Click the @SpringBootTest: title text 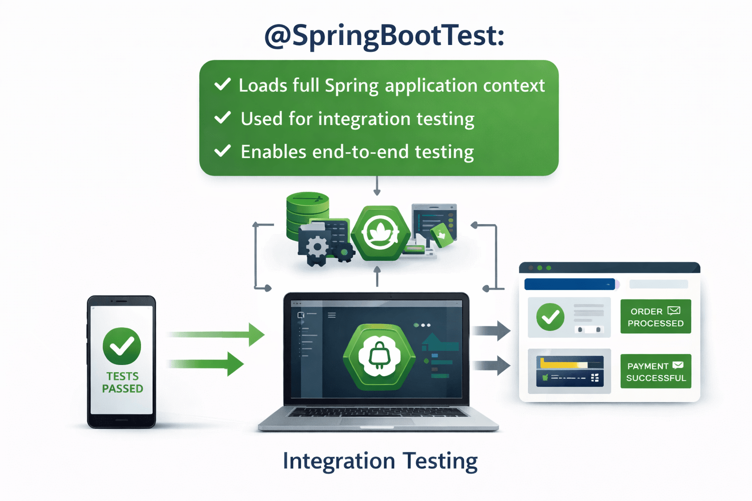tap(384, 35)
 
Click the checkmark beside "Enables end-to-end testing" tap(223, 151)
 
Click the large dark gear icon tap(317, 247)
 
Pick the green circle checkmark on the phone tap(122, 346)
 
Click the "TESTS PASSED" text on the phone tap(122, 383)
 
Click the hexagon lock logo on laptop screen tap(379, 357)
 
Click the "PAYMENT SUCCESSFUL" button tap(656, 371)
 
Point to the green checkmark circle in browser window tap(550, 317)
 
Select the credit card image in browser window tap(570, 371)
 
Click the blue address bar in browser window tap(569, 284)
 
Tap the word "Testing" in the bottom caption tap(440, 461)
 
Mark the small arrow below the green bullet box tap(377, 186)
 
